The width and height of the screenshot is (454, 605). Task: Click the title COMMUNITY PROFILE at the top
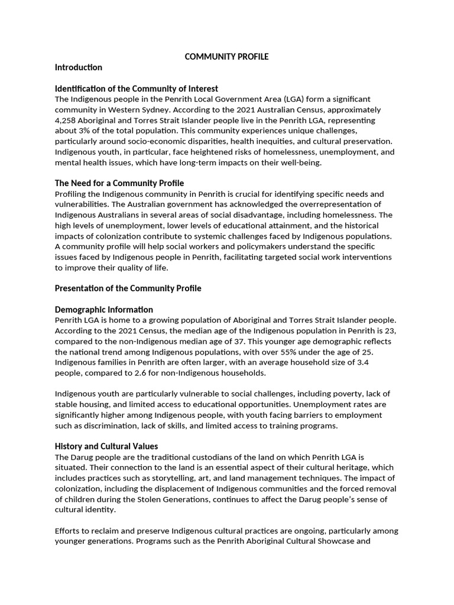click(226, 57)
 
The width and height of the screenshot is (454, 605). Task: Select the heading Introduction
click(78, 67)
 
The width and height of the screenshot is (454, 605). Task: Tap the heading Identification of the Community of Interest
click(136, 89)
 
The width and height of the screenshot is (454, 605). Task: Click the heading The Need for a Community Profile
click(119, 183)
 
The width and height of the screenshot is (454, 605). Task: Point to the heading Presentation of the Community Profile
click(128, 288)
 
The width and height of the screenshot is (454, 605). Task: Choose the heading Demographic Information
click(103, 310)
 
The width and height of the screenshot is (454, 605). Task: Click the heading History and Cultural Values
click(106, 446)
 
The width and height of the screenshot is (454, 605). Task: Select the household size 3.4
click(381, 363)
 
